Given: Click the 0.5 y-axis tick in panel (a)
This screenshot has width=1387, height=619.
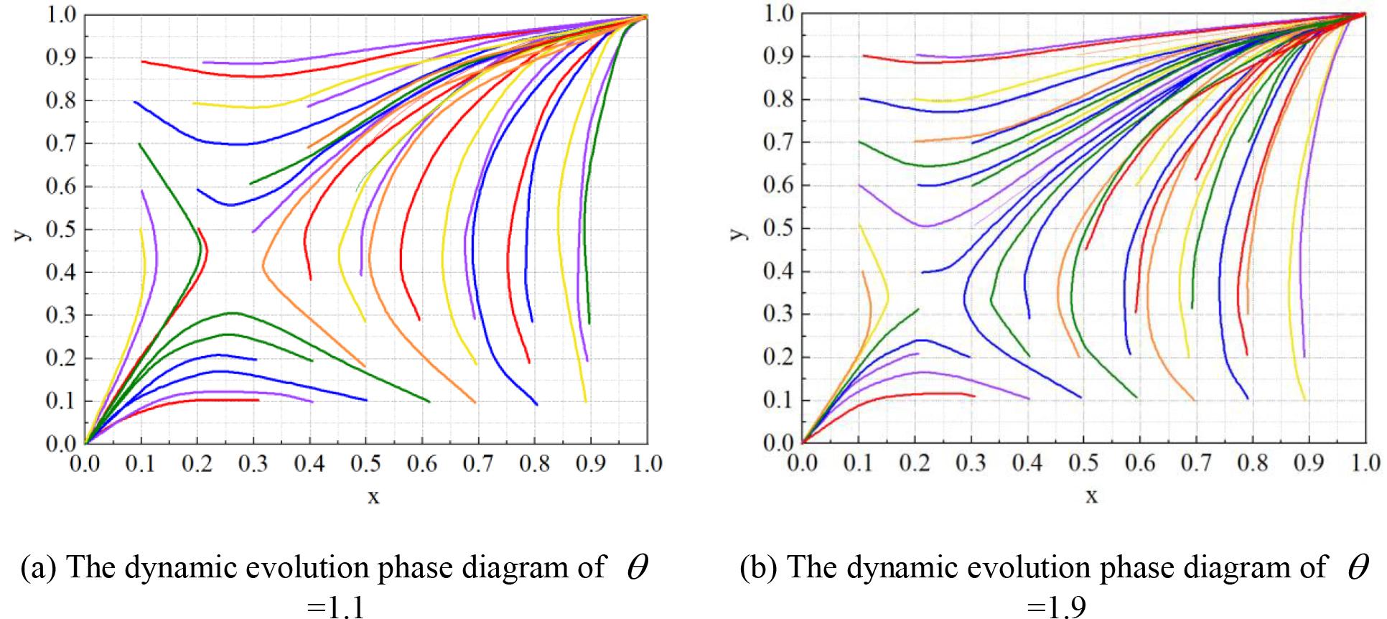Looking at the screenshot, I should click(61, 230).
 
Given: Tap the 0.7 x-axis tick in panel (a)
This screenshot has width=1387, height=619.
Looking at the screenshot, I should click(477, 464).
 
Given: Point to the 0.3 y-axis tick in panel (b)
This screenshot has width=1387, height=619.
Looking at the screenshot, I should click(778, 315).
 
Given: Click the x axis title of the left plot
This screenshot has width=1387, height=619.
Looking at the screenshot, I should click(373, 496).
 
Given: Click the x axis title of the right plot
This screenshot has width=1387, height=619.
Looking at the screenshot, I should click(1091, 495).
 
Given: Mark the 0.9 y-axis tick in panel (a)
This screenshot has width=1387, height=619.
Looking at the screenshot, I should click(61, 58).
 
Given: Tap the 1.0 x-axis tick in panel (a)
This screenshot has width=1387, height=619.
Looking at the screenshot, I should click(646, 464).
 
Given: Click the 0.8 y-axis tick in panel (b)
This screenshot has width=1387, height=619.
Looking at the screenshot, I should click(778, 100).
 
